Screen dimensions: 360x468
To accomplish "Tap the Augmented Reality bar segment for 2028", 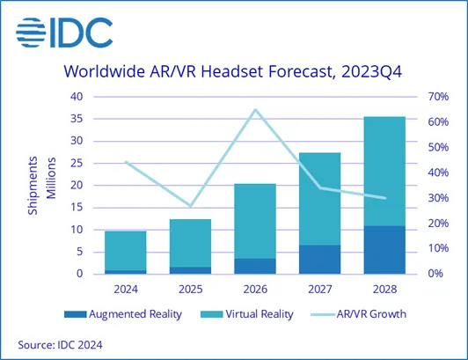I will pos(385,250).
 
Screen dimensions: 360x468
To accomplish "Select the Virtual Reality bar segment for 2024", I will pos(126,250).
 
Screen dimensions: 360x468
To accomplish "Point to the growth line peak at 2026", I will pos(255,110).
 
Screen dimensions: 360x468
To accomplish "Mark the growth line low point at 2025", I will pos(191,206).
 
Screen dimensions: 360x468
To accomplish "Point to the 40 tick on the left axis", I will pos(77,96).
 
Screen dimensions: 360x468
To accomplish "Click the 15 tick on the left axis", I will pos(77,207).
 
